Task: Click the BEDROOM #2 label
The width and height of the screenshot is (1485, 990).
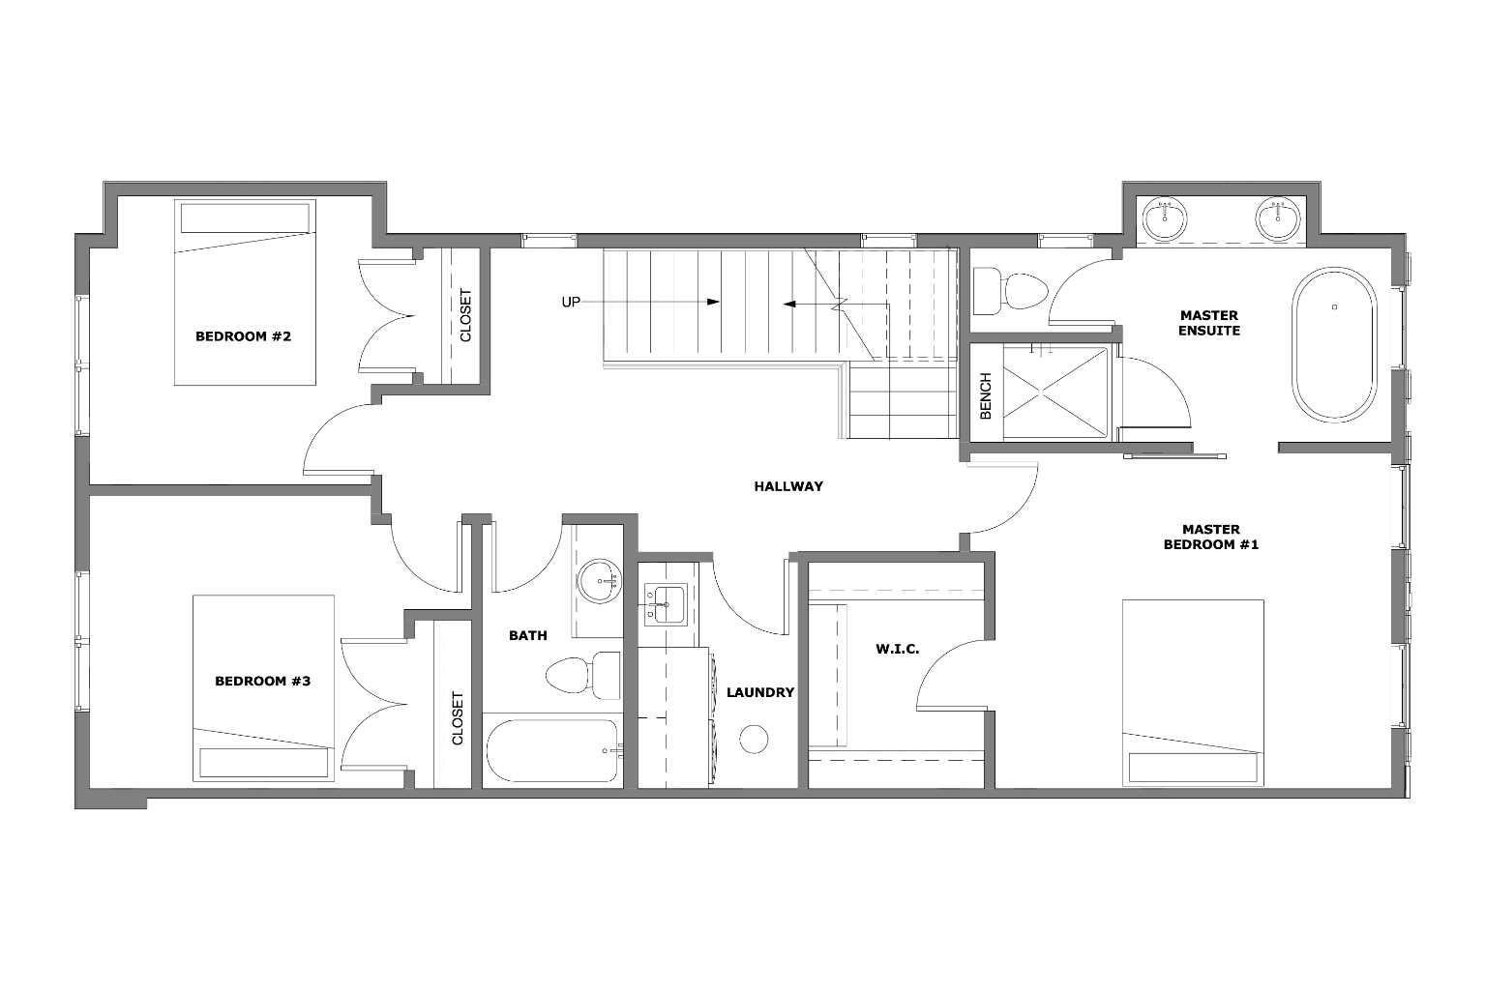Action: [x=243, y=336]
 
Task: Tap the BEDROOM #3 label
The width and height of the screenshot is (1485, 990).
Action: [x=262, y=681]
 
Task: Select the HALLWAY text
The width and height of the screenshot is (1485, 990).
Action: [x=788, y=486]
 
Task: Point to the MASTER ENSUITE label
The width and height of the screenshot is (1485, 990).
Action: [x=1208, y=323]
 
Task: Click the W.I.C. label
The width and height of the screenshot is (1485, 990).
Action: [x=898, y=648]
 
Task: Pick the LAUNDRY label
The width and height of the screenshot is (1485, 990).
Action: [x=760, y=692]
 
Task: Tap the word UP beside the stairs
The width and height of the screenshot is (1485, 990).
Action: [x=571, y=302]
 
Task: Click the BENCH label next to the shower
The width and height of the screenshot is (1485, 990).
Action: [x=986, y=396]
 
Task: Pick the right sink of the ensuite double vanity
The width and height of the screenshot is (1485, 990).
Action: [x=1279, y=218]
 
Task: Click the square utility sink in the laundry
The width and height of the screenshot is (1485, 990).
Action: [x=663, y=605]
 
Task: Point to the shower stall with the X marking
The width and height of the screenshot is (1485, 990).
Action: [x=1054, y=393]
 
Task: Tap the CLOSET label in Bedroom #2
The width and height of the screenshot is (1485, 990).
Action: [x=465, y=315]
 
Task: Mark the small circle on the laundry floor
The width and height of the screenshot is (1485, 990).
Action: [x=754, y=739]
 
